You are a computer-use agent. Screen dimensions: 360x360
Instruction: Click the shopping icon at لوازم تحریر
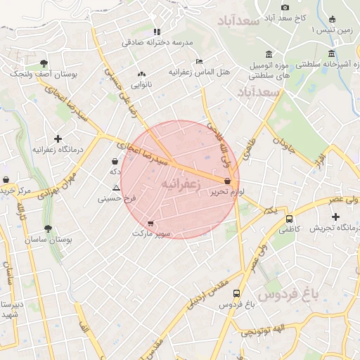click(x=226, y=181)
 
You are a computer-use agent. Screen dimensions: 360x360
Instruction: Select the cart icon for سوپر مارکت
click(x=150, y=224)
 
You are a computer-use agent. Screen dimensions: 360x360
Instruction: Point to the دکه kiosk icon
click(x=115, y=161)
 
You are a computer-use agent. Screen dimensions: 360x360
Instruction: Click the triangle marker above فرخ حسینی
click(x=116, y=187)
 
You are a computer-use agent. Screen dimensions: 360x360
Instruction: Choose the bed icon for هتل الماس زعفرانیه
click(x=199, y=61)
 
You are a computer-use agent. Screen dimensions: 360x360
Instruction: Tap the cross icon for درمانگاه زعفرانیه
click(x=58, y=139)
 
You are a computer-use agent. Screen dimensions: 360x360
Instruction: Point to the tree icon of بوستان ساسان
click(x=47, y=229)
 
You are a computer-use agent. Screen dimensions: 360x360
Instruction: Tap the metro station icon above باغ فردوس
click(x=236, y=293)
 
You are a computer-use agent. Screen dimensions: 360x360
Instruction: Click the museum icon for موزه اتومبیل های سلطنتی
click(x=269, y=54)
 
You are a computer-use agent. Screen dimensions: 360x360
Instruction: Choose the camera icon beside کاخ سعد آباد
click(x=285, y=7)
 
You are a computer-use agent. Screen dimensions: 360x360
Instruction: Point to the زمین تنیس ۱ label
click(x=336, y=30)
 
